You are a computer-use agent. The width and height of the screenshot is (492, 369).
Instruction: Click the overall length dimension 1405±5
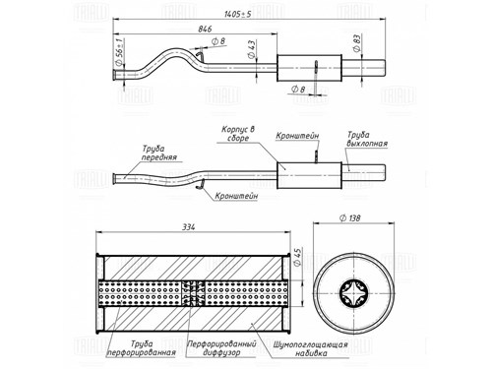click(x=238, y=14)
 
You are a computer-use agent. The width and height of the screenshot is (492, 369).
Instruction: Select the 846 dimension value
click(x=205, y=29)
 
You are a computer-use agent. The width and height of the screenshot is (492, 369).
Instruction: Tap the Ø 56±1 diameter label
click(x=119, y=52)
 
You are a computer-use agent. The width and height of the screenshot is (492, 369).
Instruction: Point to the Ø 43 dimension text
click(x=252, y=49)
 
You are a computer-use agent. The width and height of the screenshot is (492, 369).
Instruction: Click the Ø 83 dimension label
click(x=357, y=43)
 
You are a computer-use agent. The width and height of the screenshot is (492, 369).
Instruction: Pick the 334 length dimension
click(x=188, y=226)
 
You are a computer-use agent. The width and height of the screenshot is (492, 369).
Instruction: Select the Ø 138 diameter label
click(x=350, y=217)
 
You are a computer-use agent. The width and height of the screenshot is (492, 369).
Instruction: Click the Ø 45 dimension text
click(x=297, y=257)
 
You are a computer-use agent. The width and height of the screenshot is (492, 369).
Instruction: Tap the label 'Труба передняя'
click(x=159, y=153)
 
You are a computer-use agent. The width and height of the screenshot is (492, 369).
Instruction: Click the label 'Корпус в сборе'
click(x=238, y=134)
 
